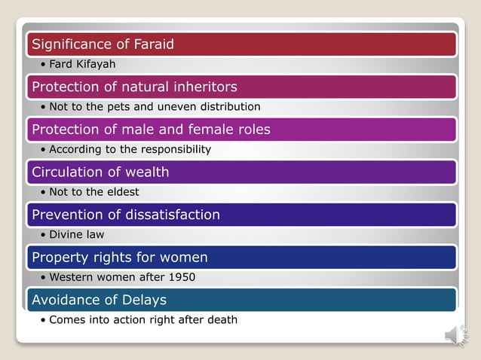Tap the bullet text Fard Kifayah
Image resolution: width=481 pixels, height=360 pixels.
point(82,64)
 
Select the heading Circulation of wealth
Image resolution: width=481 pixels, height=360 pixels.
point(100,172)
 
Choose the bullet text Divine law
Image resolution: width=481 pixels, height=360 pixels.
point(76,235)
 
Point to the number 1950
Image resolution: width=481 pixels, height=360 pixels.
point(181,277)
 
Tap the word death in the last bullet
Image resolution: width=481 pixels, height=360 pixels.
point(221,320)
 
